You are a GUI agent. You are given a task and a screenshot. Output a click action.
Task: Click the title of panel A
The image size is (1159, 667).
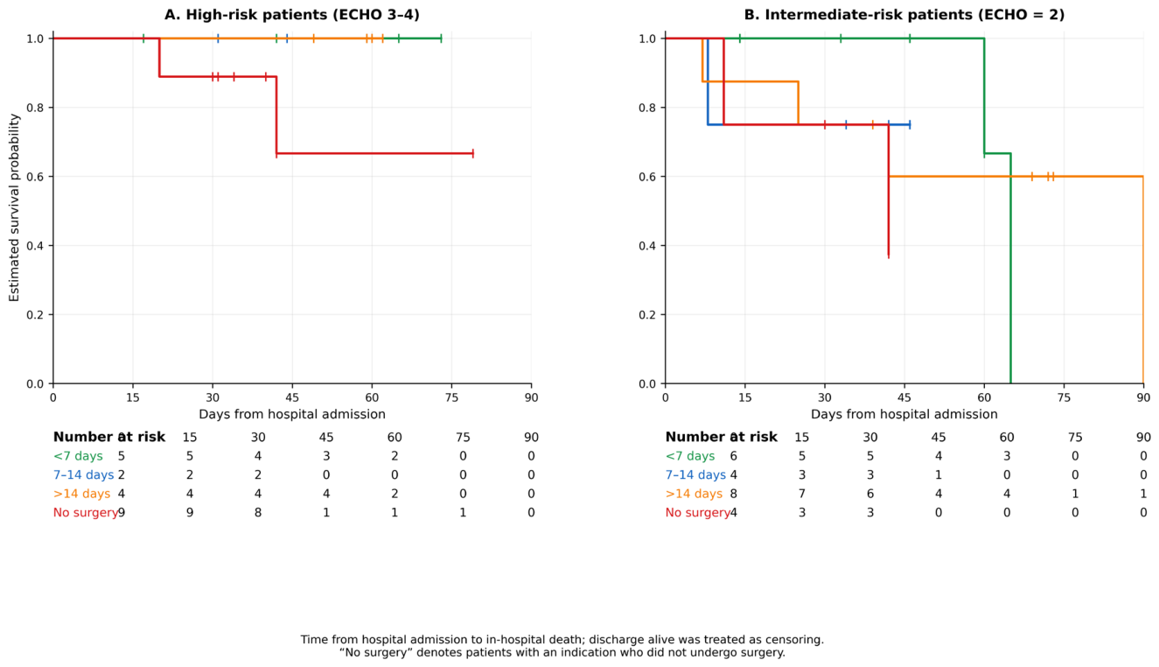(x=292, y=15)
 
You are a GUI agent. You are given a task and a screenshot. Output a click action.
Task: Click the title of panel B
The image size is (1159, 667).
(x=904, y=15)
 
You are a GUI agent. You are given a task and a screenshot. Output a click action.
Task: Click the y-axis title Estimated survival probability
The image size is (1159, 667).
(x=14, y=207)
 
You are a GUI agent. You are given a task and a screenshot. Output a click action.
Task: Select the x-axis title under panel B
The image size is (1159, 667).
(x=904, y=414)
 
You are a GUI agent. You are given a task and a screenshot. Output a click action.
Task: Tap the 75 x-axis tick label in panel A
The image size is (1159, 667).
(x=451, y=397)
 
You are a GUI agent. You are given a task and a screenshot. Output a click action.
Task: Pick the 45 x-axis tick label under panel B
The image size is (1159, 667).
(x=904, y=397)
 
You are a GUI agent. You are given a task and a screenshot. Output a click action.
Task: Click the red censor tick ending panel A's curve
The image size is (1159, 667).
(x=473, y=153)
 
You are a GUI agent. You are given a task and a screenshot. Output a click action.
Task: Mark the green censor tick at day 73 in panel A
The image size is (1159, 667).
(x=441, y=39)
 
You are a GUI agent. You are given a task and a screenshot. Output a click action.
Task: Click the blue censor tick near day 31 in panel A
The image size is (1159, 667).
(x=218, y=39)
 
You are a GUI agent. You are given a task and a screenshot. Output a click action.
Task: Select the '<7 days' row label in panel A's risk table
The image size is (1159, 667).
(x=78, y=456)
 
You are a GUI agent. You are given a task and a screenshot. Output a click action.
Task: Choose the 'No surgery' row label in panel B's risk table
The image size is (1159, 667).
(x=697, y=513)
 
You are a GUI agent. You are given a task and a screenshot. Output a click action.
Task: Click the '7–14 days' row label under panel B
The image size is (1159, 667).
(x=695, y=475)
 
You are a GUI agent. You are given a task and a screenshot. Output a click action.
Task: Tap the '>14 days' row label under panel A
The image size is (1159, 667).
(x=81, y=494)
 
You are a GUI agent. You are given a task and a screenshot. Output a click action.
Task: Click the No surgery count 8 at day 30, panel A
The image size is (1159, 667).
(x=258, y=513)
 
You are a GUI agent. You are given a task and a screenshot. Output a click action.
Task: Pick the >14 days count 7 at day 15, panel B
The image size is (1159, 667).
(x=801, y=494)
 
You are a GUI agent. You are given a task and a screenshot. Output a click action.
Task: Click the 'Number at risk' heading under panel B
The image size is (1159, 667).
(x=722, y=437)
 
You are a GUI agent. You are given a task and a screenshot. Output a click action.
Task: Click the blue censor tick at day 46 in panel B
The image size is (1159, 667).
(x=909, y=125)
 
